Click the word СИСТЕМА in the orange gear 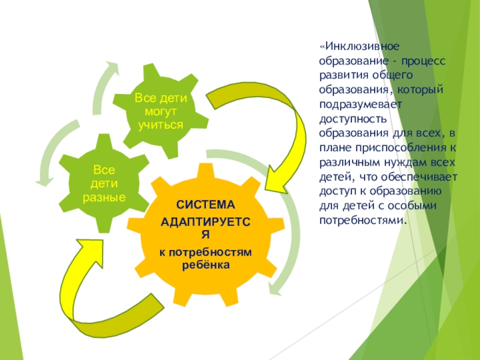tap(206, 205)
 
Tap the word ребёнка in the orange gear tap(206, 264)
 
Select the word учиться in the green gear tap(160, 125)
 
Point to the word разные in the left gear tap(105, 197)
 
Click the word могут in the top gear tap(160, 112)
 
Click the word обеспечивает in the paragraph tap(427, 176)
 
